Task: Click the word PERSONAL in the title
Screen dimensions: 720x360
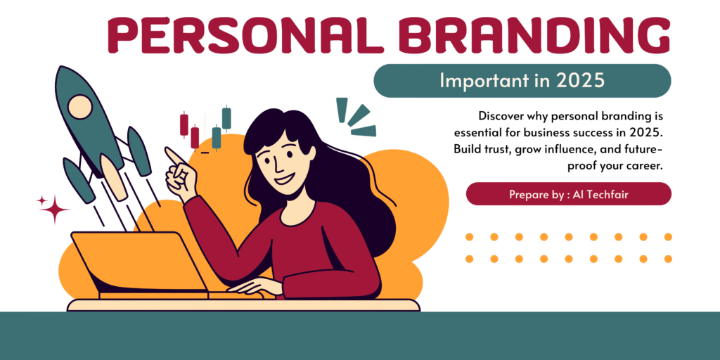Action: coord(245,35)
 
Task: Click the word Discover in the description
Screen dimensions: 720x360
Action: coord(501,116)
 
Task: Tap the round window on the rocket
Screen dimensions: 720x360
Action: coord(79,105)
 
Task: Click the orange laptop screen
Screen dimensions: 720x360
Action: coord(138,260)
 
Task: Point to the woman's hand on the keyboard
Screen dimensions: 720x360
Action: coord(255,288)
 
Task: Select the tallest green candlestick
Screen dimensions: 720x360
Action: coord(226,118)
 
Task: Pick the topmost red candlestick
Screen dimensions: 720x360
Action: coord(184,124)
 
